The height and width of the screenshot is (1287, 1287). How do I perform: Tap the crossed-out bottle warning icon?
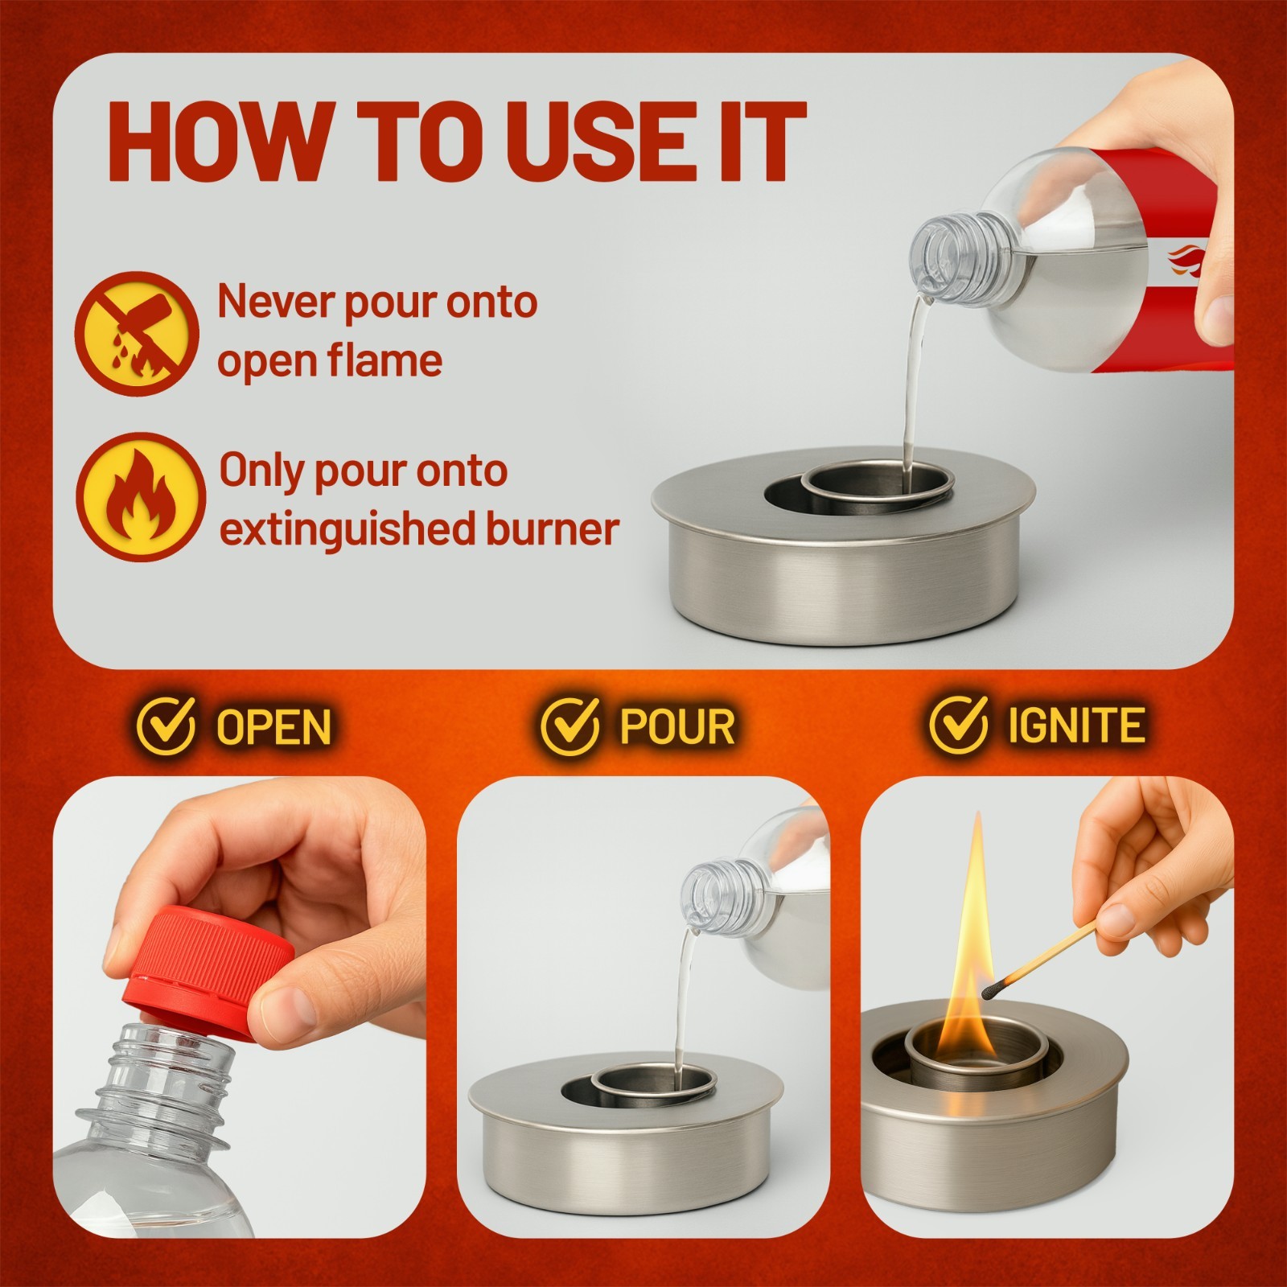pos(138,331)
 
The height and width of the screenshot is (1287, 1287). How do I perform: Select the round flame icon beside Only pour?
pos(141,496)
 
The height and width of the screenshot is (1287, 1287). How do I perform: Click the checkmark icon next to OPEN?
pos(165,724)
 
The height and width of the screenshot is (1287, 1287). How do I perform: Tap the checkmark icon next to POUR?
pos(569,724)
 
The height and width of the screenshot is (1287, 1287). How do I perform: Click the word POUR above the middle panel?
pos(677,726)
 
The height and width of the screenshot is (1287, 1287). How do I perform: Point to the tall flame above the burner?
pos(975,925)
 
